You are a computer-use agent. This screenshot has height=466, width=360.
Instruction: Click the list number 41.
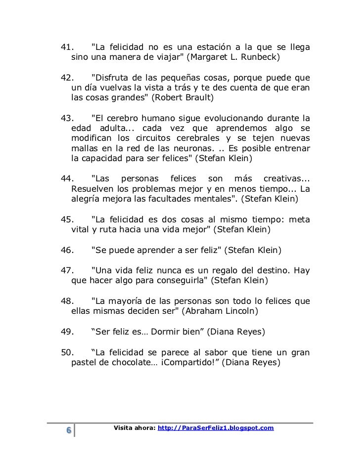coord(67,47)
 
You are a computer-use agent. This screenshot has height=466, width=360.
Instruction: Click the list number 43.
coord(67,118)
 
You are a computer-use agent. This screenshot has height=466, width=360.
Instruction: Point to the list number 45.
coord(67,219)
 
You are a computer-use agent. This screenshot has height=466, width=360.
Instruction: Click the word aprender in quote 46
coord(150,250)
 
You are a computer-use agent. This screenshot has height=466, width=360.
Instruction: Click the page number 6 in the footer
coord(68,431)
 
